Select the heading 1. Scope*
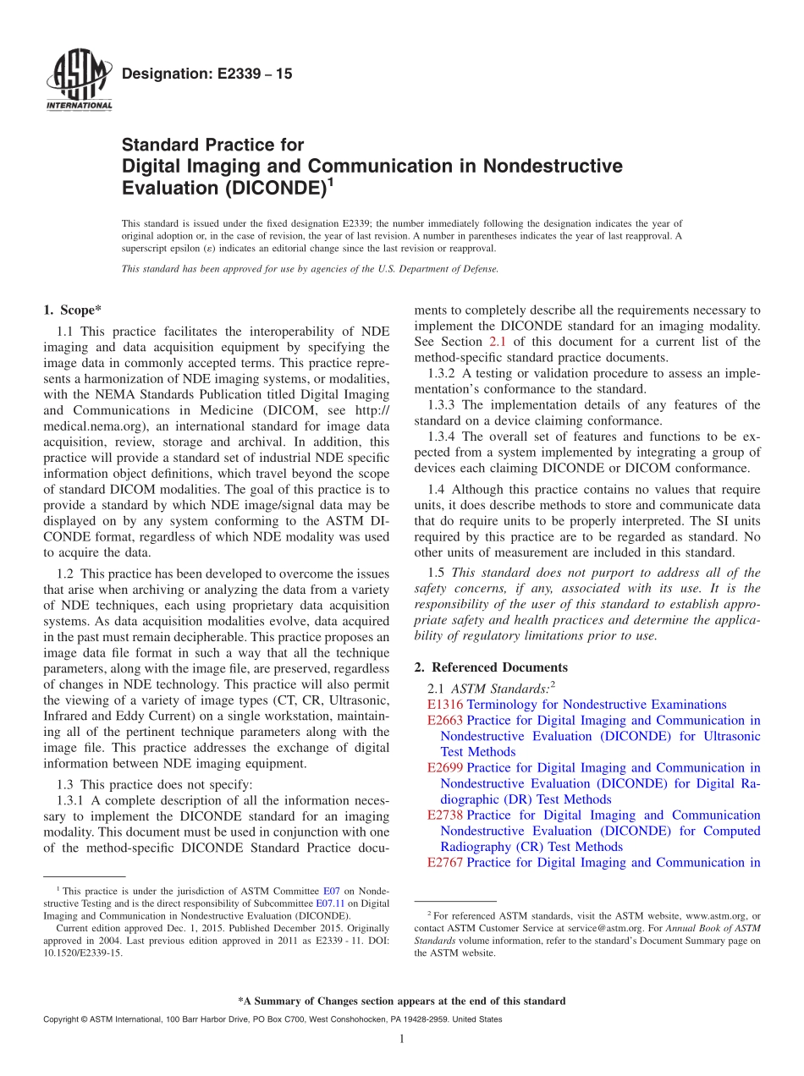tap(73, 310)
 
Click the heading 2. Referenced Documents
tap(491, 667)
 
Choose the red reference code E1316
tap(445, 705)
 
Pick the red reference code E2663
tap(445, 721)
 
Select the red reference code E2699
tap(445, 768)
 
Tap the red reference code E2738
tap(445, 815)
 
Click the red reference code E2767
tap(445, 863)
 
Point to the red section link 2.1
tap(498, 342)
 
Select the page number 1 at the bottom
tap(402, 1039)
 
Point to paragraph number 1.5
tap(436, 573)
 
